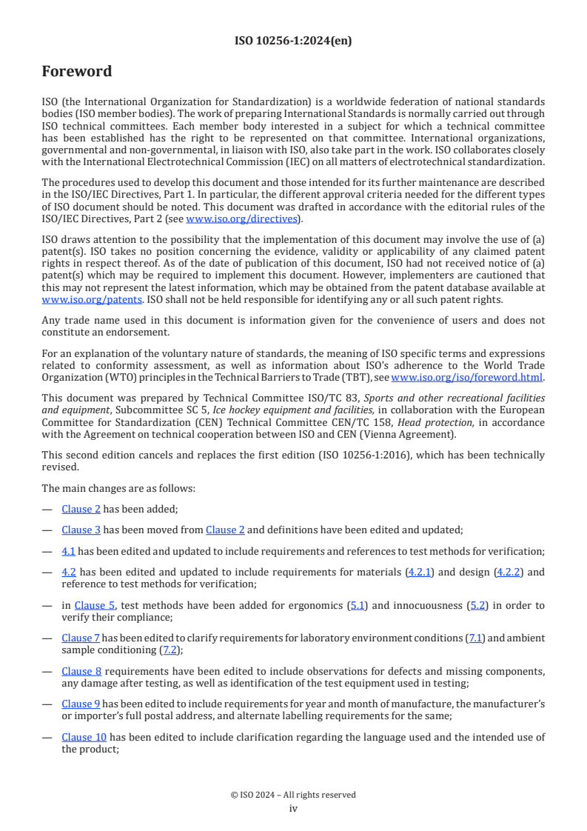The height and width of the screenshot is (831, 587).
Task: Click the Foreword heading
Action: pos(77,72)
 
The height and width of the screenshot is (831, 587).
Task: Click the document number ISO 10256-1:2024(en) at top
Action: pos(293,41)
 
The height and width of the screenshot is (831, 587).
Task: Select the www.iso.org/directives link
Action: pos(241,219)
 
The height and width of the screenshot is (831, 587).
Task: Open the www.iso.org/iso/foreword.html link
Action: pos(466,377)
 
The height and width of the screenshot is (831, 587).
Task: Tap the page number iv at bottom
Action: pos(293,808)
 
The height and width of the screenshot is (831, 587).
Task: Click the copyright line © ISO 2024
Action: pos(293,795)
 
